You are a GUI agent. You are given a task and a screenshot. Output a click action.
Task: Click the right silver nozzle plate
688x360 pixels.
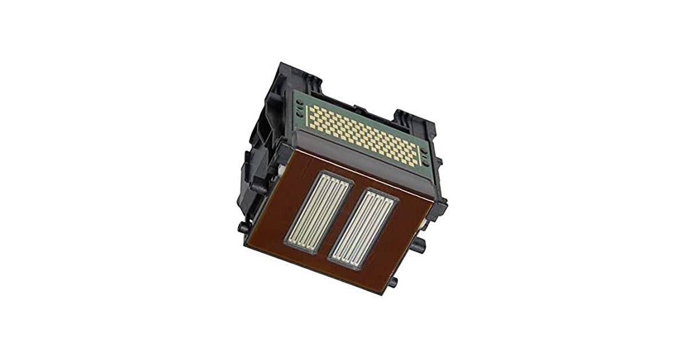pos(363,228)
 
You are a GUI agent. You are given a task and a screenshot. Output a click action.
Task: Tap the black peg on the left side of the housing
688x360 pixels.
pos(243,228)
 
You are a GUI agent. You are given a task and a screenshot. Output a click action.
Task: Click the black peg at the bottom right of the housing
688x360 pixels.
pos(394,282)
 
